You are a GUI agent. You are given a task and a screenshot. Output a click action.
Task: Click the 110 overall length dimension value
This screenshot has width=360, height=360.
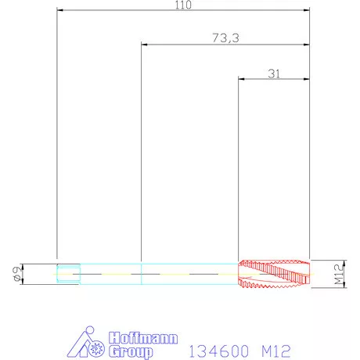click(183, 5)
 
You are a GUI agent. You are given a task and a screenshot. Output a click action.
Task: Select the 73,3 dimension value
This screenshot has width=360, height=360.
click(225, 38)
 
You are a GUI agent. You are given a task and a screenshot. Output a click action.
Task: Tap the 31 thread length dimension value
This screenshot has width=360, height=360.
click(274, 74)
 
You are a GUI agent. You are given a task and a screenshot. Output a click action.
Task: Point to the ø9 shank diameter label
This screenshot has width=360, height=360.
click(17, 274)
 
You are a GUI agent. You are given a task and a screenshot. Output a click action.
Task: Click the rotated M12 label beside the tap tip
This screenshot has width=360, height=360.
click(339, 275)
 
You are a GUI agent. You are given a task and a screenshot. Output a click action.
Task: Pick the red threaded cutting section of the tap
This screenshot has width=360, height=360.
click(274, 274)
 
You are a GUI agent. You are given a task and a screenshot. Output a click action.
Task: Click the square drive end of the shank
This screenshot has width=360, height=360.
click(68, 274)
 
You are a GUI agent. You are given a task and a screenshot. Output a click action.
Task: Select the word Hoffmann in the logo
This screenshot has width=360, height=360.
click(143, 338)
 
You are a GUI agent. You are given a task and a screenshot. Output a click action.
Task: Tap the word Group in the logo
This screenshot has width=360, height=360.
click(131, 352)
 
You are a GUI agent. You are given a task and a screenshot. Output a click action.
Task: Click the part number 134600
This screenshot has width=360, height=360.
click(218, 351)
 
